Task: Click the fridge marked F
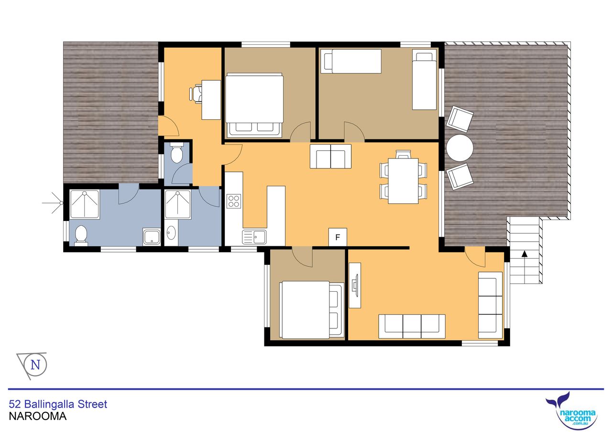coord(338,237)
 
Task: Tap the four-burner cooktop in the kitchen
coord(234,201)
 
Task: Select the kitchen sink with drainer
coord(254,237)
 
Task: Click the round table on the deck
coord(460,148)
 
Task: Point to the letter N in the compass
coord(35,365)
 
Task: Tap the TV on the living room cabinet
coord(355,285)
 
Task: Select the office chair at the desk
coord(196,94)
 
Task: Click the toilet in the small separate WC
coord(176,153)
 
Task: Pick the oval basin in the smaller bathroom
coord(171,233)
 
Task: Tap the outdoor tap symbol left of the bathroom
coord(53,203)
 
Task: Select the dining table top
coord(403,181)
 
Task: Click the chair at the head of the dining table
coord(403,154)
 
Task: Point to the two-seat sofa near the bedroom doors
coord(330,156)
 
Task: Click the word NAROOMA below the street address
coord(38,416)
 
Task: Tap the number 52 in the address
coord(15,404)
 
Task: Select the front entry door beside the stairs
coord(475,257)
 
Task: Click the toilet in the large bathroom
coord(81,235)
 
